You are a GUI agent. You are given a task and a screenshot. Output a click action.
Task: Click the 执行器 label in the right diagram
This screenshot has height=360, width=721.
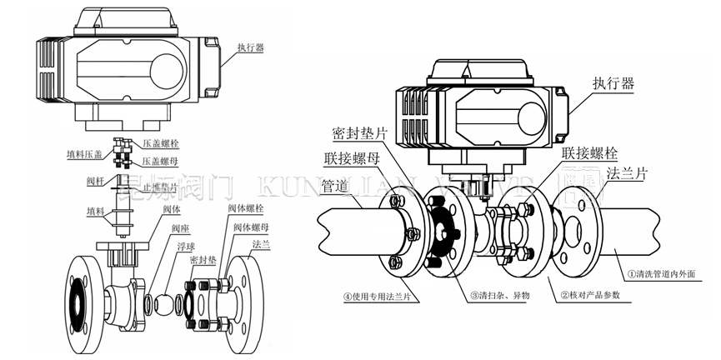[x=614, y=83]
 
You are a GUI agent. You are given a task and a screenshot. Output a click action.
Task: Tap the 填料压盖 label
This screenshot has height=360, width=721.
[x=83, y=154]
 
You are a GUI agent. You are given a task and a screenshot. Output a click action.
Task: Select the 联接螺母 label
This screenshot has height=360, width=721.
[x=351, y=158]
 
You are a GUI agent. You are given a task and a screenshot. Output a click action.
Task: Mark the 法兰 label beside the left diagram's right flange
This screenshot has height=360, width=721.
[x=261, y=245]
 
